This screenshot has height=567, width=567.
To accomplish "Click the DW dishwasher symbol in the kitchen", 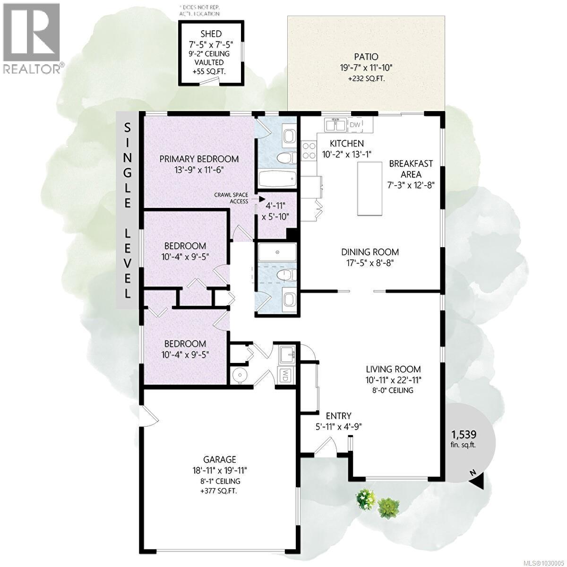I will point(354,125).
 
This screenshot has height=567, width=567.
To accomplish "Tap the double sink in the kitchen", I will point(335,125).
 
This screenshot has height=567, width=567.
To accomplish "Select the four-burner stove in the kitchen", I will point(309,151).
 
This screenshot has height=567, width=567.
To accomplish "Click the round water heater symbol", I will point(240,376).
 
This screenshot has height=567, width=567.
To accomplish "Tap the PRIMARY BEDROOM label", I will point(198,159).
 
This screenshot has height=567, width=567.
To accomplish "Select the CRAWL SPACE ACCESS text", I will point(232,198).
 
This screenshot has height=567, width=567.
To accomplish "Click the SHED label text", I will point(211,34).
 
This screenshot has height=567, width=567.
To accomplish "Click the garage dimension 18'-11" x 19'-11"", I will point(219,470).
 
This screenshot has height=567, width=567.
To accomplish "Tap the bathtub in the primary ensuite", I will point(277,179).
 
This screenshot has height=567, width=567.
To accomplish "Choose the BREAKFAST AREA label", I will point(410,169).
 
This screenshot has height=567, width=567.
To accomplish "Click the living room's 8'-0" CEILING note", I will point(393,390).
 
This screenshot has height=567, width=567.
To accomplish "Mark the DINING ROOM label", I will point(370,252).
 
